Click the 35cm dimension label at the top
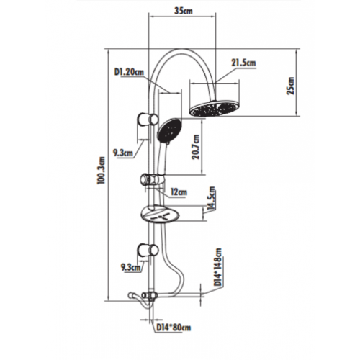184,11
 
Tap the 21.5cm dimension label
243,63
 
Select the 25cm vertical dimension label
290,86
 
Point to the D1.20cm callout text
129,72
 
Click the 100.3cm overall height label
101,170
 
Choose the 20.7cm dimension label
196,147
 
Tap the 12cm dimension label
179,192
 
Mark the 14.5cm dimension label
212,198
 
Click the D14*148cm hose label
218,267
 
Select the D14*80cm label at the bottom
174,328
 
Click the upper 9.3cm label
123,153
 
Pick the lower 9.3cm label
130,267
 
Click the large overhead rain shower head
215,109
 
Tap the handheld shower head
169,130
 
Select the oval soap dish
160,215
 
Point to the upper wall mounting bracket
148,119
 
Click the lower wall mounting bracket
148,251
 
